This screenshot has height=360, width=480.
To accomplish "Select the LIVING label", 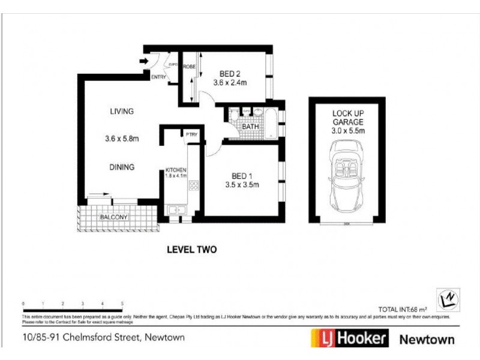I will (x=121, y=111).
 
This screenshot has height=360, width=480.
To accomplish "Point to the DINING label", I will (x=122, y=167).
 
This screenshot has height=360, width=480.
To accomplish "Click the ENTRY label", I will (x=158, y=77).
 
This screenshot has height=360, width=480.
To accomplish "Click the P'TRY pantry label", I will (x=191, y=134).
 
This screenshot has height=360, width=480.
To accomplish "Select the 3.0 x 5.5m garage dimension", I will (x=349, y=130).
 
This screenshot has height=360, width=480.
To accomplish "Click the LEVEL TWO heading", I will (x=191, y=250).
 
